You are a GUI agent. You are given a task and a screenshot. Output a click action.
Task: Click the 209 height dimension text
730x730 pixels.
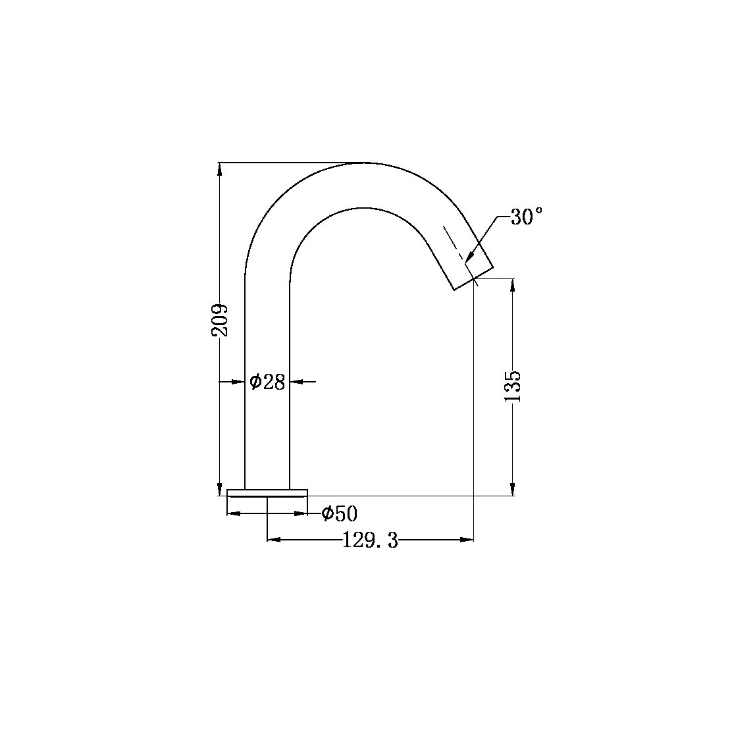(220, 320)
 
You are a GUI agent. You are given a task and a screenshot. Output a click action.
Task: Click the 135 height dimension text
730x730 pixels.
(513, 386)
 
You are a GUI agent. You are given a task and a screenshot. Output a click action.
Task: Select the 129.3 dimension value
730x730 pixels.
(371, 540)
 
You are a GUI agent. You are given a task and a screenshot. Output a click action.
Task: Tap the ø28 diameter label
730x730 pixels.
(267, 381)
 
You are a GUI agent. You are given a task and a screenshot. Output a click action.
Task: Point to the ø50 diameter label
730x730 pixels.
(339, 513)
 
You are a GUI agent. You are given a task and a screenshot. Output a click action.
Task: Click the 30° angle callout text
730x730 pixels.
(526, 217)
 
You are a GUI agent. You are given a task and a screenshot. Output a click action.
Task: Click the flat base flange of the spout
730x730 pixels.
(267, 492)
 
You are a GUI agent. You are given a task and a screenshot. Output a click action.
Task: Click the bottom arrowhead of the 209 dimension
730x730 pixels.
(219, 489)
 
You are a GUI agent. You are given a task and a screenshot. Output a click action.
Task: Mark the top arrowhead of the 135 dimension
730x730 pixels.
(513, 285)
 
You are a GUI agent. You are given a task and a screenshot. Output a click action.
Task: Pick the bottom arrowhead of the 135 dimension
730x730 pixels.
(513, 489)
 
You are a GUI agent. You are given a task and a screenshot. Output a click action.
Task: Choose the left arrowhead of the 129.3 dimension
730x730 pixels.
(274, 540)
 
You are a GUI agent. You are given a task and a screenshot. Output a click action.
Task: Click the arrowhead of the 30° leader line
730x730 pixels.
(469, 260)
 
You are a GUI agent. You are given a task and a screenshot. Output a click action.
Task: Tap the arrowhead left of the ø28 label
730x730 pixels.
(238, 381)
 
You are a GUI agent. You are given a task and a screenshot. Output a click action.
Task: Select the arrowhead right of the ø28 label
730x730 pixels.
(296, 381)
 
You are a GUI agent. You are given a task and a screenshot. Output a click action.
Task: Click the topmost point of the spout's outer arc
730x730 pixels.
(365, 162)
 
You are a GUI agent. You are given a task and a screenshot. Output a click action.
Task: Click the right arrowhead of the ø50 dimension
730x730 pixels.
(301, 513)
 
